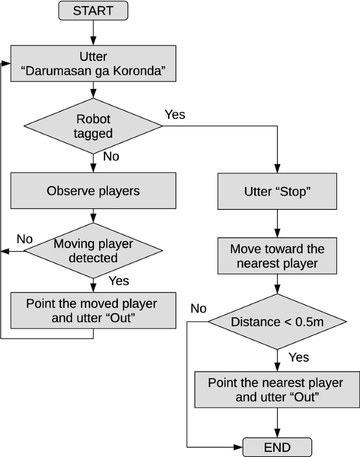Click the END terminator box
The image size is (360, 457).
pyautogui.click(x=277, y=447)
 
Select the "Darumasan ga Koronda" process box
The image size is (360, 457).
pyautogui.click(x=93, y=63)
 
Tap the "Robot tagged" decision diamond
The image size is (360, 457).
pyautogui.click(x=93, y=126)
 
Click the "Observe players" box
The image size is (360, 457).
pyautogui.click(x=93, y=191)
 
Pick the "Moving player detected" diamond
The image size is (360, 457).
pyautogui.click(x=93, y=251)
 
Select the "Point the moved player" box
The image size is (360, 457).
pyautogui.click(x=93, y=311)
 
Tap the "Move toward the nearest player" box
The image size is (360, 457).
pyautogui.click(x=277, y=256)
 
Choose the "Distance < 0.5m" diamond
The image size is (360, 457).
pyautogui.click(x=277, y=322)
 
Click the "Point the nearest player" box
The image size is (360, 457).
pyautogui.click(x=277, y=390)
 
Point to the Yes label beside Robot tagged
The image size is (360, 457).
pyautogui.click(x=175, y=115)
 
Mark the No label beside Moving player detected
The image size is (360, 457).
pyautogui.click(x=25, y=239)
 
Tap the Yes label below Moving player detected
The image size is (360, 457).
pyautogui.click(x=118, y=280)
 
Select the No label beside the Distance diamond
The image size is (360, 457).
pyautogui.click(x=198, y=308)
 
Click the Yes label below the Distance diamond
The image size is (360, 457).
pyautogui.click(x=299, y=357)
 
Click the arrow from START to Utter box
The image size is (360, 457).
pyautogui.click(x=93, y=33)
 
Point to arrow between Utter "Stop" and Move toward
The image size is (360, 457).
pyautogui.click(x=277, y=224)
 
